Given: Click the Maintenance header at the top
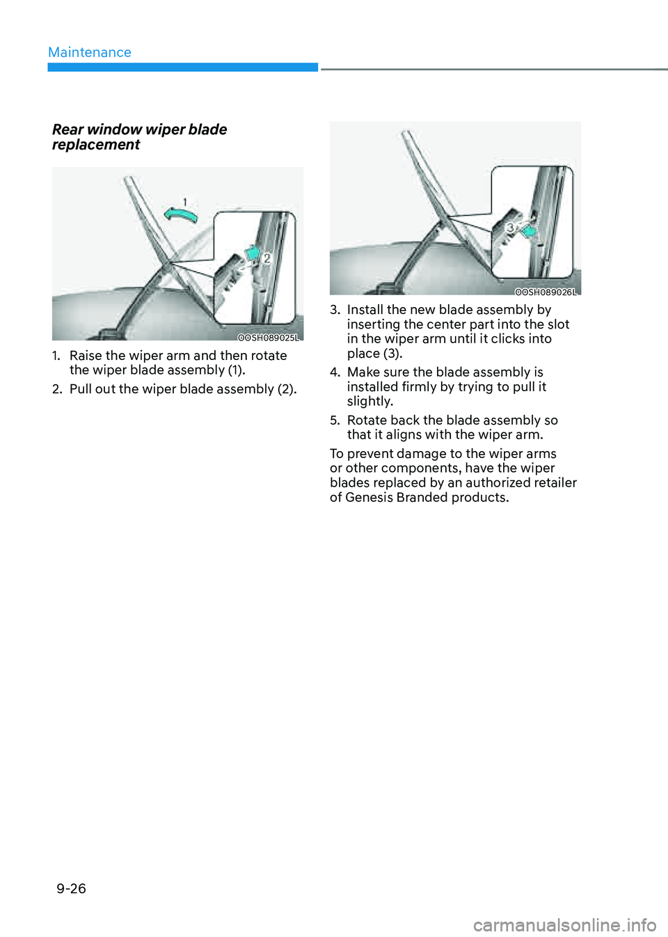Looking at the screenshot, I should click(89, 52).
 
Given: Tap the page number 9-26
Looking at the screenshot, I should click(71, 888).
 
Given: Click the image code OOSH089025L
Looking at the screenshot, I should click(268, 338).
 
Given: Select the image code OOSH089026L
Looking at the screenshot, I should click(546, 292).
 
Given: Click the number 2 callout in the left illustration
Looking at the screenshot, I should click(267, 258).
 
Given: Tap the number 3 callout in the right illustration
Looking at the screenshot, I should click(510, 228).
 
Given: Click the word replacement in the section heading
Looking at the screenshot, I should click(96, 145).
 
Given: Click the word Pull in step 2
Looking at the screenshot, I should click(81, 389).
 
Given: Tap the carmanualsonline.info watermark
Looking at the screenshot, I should click(564, 925).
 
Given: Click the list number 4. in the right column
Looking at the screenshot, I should click(335, 372).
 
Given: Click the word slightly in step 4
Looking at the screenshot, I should click(369, 402).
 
